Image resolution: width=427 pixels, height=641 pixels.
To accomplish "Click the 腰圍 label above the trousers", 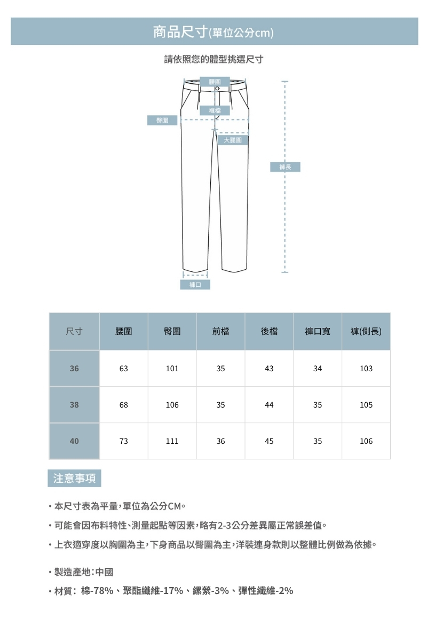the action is pos(215,81).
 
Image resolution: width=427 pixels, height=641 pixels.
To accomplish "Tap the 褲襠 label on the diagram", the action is pos(215,111).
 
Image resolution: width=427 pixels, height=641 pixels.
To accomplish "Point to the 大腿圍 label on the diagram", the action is pos(233,140).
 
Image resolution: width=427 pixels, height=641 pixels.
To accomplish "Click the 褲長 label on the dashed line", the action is pos(285,167).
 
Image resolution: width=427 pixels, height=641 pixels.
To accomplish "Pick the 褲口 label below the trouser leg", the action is pos(195,285).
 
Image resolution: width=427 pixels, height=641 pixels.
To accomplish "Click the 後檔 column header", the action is pos(269,332).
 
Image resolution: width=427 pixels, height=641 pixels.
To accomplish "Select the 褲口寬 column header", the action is pos(318,332).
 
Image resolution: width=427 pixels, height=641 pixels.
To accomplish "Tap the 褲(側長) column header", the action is pos(366,332).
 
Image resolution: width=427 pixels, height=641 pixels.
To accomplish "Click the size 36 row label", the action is pos(74,369).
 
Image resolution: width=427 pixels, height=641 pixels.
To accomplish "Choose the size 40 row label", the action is pos(74,441).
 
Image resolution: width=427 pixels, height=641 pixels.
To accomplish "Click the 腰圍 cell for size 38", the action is pos(124,405).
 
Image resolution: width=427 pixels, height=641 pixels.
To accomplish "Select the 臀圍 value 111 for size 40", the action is pos(172,441).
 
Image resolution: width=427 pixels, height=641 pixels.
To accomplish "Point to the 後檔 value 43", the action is pos(269,369).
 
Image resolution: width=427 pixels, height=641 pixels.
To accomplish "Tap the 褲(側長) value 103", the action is pos(366,369).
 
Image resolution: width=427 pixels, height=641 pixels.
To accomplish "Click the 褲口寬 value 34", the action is pos(318,369).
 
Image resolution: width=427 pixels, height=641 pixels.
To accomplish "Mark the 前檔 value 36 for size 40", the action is pos(220,441).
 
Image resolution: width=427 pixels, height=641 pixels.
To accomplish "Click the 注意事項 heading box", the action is pos(74,478).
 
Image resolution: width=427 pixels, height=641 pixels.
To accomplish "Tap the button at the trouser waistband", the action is pos(217,89).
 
